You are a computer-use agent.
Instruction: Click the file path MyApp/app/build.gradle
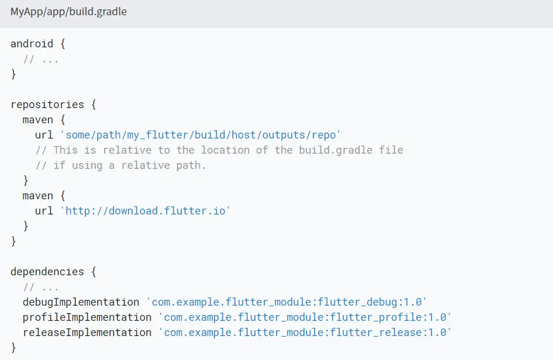[68, 12]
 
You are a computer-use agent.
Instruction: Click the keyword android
[32, 44]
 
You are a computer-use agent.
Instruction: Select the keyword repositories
[47, 105]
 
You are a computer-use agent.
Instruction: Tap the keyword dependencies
[47, 272]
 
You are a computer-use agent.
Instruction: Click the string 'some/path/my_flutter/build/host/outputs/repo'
[201, 135]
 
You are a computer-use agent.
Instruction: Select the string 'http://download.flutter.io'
[145, 210]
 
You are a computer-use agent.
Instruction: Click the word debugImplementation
[81, 302]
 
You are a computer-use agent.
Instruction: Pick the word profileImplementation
[87, 317]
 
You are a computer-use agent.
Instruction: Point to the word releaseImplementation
[87, 333]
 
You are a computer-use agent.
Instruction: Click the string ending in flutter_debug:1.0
[286, 302]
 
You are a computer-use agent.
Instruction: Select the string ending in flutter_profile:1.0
[305, 317]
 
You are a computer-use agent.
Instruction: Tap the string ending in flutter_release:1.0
[305, 333]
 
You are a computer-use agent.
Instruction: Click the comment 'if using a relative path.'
[121, 165]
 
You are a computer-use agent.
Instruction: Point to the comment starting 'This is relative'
[219, 150]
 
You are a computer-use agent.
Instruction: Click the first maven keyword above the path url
[38, 120]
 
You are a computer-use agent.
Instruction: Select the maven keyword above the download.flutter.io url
[38, 196]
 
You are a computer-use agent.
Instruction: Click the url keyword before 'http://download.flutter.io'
[44, 210]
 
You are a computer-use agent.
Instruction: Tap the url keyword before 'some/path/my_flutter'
[44, 135]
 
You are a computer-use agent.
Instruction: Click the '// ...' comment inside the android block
[41, 59]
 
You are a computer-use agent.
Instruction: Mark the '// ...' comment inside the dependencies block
[41, 287]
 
